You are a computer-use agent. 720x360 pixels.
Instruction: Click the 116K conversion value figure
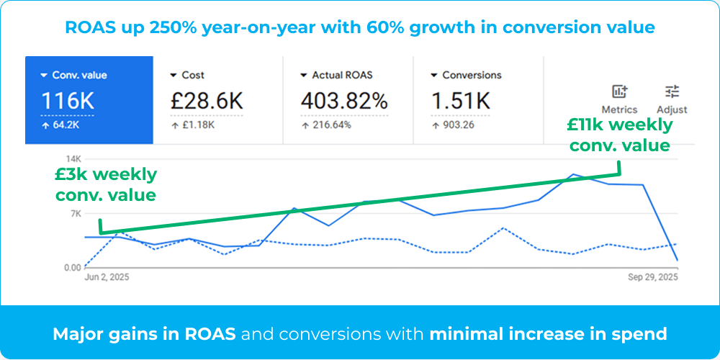pyautogui.click(x=66, y=101)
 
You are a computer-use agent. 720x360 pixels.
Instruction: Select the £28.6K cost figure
pyautogui.click(x=207, y=101)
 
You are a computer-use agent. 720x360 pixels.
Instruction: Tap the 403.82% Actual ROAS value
pyautogui.click(x=344, y=101)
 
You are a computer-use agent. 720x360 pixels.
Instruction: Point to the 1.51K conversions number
pyautogui.click(x=460, y=101)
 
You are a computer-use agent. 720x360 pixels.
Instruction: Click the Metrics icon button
pyautogui.click(x=619, y=92)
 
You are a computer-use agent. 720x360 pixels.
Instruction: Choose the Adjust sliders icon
pyautogui.click(x=672, y=92)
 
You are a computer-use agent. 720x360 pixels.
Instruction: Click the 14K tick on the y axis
pyautogui.click(x=73, y=158)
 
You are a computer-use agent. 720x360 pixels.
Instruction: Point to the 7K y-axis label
pyautogui.click(x=75, y=213)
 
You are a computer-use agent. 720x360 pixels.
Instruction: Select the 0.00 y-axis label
pyautogui.click(x=72, y=268)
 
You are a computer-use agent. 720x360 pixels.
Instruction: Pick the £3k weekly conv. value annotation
pyautogui.click(x=105, y=184)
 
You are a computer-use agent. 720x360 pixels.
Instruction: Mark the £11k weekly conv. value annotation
pyautogui.click(x=619, y=135)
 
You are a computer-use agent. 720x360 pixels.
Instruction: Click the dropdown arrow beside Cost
pyautogui.click(x=174, y=75)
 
